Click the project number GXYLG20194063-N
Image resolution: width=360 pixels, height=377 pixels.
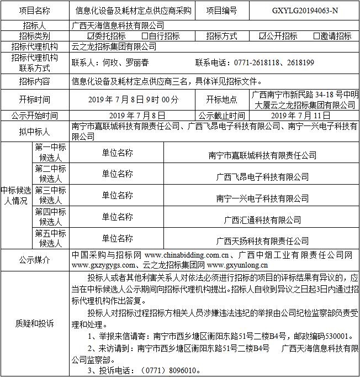point(305,10)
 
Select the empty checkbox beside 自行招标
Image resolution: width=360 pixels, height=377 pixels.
point(145,36)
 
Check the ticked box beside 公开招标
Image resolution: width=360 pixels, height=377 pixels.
point(262,36)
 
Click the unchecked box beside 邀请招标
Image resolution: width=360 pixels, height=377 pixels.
point(316,36)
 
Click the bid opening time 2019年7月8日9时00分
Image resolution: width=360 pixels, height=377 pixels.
point(134,100)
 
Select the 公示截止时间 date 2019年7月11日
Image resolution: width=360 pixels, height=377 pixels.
point(301,116)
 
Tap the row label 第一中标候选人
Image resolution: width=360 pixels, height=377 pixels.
point(50,152)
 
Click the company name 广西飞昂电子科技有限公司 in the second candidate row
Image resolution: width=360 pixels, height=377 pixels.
point(262,177)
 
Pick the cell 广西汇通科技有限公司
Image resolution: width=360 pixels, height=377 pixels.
point(262,219)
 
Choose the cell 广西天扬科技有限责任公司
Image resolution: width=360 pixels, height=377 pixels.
point(262,240)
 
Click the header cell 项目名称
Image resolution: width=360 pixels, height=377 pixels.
point(34,10)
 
